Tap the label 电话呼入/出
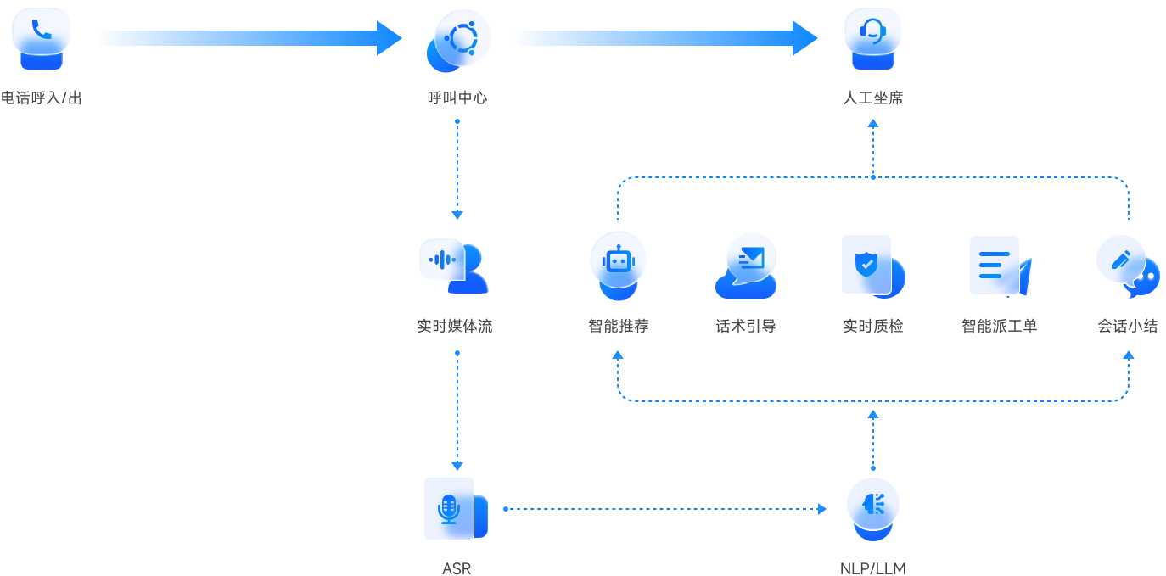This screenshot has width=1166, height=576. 42,98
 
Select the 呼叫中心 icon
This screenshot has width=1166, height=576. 459,39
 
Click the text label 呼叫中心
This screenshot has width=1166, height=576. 457,98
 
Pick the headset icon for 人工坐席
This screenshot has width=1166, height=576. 872,36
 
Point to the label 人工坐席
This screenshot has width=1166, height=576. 872,98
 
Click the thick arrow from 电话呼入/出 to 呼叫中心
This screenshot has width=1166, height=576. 249,38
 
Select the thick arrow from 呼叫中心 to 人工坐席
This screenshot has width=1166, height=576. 665,38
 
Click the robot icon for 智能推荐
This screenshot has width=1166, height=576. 619,263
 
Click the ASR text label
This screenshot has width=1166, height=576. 457,568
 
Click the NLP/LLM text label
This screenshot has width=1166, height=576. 872,568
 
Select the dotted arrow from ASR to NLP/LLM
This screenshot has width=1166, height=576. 665,509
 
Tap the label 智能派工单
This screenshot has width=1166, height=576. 999,326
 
